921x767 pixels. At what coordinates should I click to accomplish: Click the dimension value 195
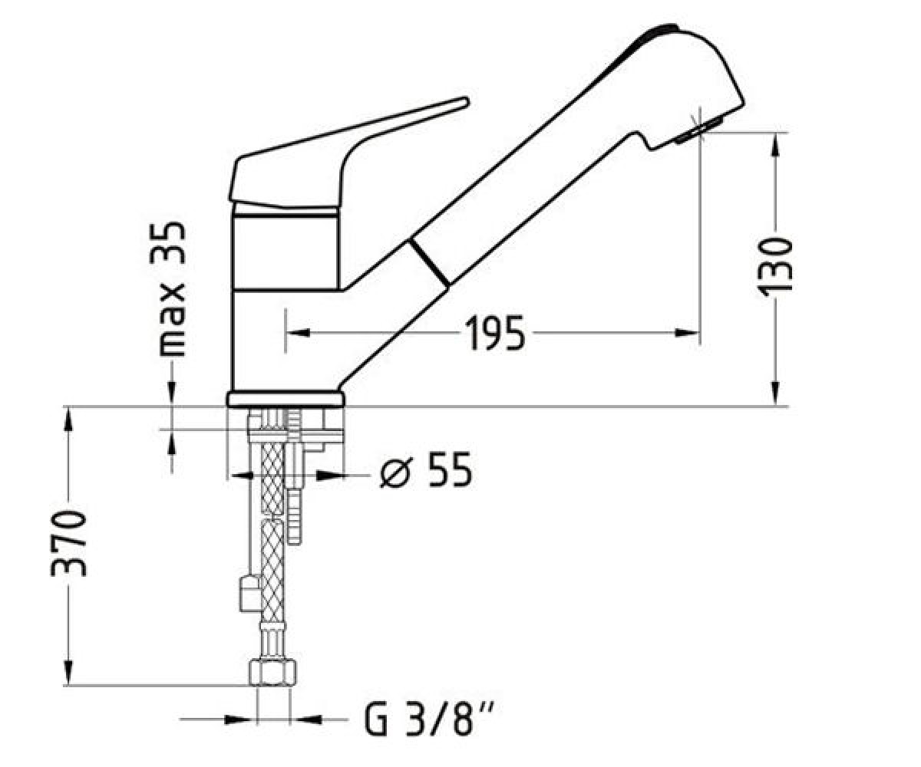[495, 332]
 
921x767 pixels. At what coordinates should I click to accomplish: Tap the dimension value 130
[774, 267]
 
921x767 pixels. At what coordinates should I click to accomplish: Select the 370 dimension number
[69, 543]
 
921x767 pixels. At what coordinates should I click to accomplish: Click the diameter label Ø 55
[426, 469]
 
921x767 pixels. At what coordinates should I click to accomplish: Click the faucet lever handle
[348, 154]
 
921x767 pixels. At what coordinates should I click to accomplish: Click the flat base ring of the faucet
[286, 399]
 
